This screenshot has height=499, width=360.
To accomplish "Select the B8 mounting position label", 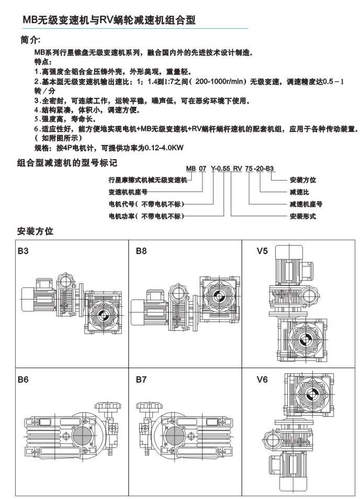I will click(141, 251).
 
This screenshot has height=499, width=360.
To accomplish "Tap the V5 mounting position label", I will click(262, 251).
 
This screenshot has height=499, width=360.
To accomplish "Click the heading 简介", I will click(31, 39).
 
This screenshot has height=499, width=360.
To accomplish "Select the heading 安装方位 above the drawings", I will click(35, 231).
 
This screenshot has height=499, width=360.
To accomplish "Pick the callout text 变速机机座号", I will click(128, 192).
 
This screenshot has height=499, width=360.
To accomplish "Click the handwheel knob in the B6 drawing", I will click(101, 406).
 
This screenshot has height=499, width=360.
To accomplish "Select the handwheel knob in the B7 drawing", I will click(144, 406).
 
